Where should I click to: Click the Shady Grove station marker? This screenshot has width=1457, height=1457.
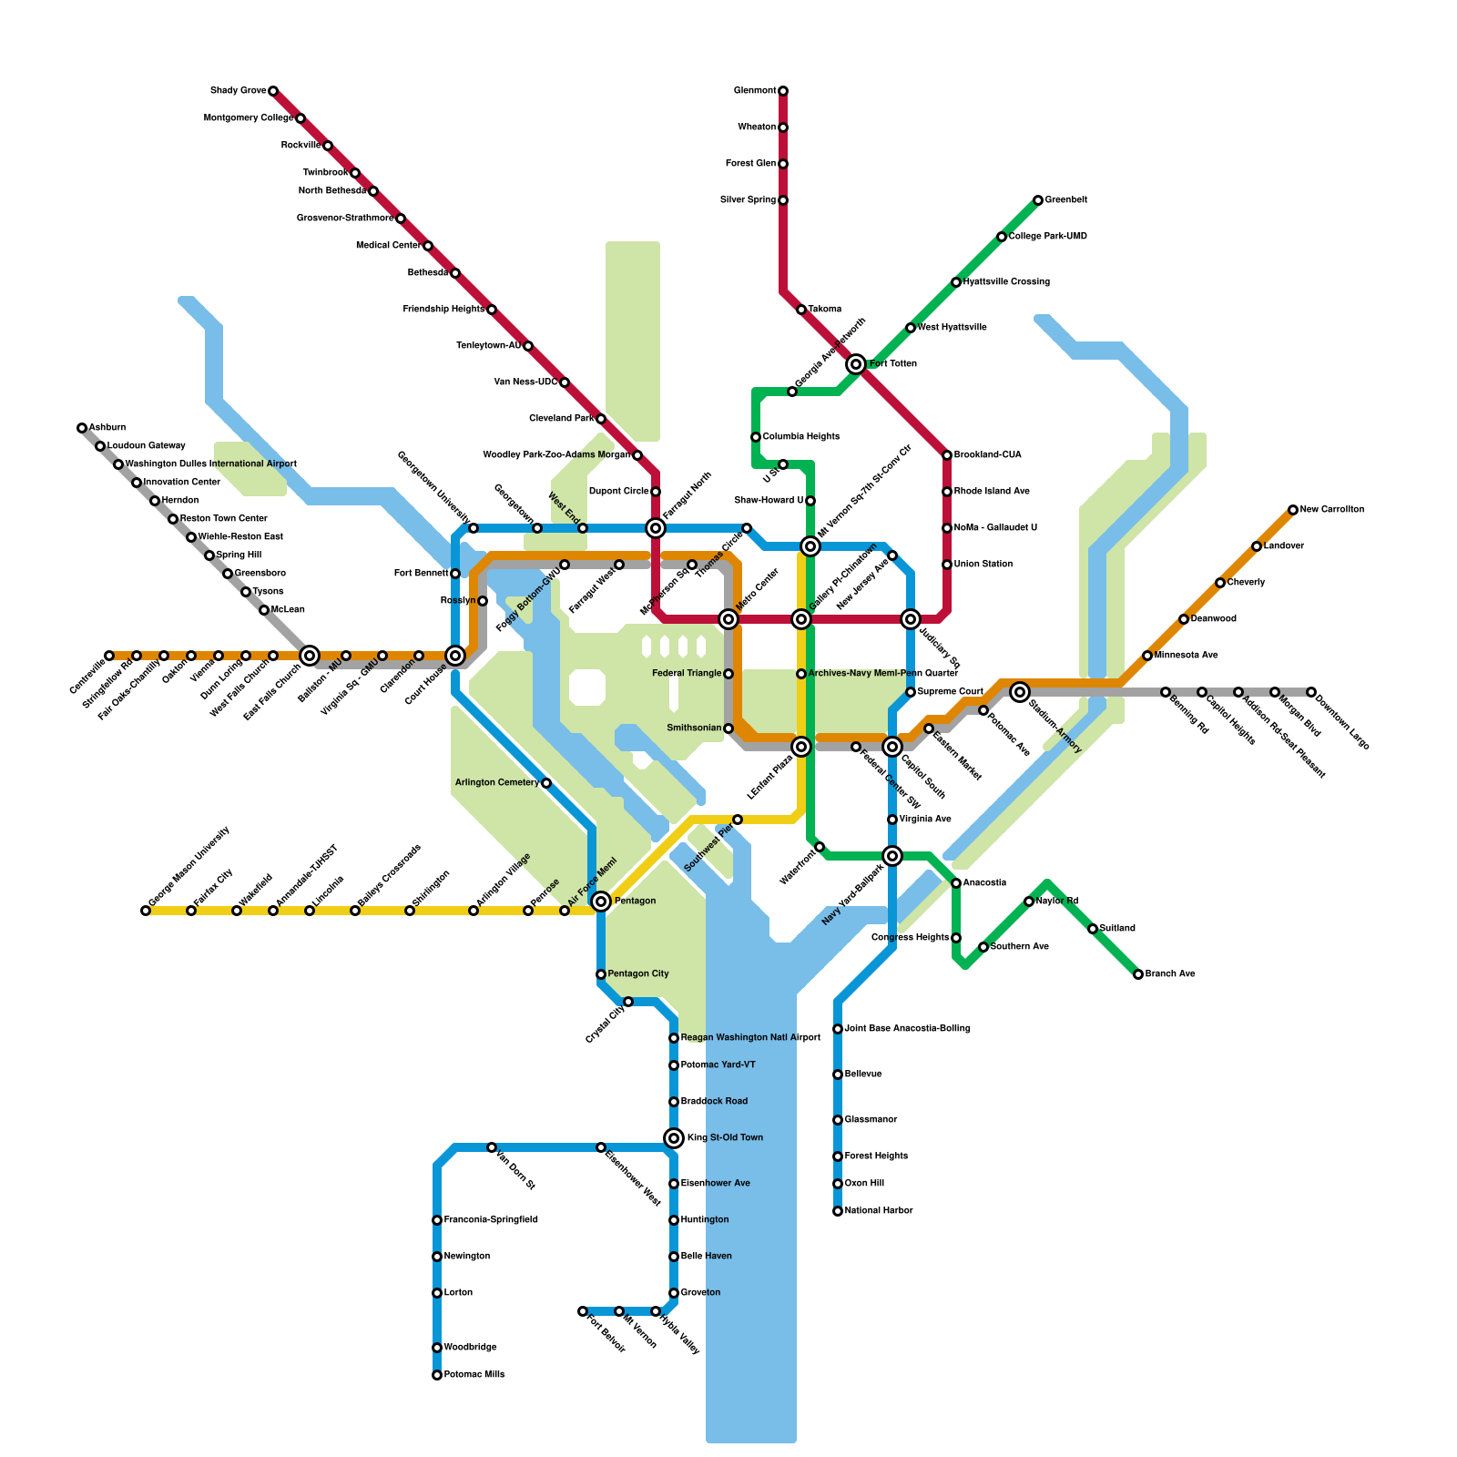click(x=273, y=91)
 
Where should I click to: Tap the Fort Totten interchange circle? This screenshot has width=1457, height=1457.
click(x=856, y=364)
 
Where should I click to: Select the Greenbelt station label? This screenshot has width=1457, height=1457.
click(x=1065, y=200)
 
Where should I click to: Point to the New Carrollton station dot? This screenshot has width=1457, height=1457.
click(x=1293, y=510)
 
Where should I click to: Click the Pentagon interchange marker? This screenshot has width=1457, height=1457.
click(x=601, y=902)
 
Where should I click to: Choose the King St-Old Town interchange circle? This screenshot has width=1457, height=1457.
click(x=674, y=1138)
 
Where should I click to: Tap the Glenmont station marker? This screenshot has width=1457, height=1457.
click(x=783, y=91)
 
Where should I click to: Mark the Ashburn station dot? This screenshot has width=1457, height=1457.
click(x=82, y=428)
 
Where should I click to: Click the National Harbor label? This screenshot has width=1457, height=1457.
click(x=879, y=1211)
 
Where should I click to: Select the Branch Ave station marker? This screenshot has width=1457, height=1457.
click(x=1138, y=974)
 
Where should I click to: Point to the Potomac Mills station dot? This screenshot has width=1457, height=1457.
click(x=437, y=1375)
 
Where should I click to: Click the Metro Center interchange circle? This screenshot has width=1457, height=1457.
click(x=728, y=619)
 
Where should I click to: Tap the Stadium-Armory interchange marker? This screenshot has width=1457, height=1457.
click(x=1020, y=692)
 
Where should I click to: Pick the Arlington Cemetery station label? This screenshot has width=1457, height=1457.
click(x=497, y=783)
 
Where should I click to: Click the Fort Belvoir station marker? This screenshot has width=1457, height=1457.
click(x=583, y=1311)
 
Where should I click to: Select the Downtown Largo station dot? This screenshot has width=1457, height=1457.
click(x=1311, y=692)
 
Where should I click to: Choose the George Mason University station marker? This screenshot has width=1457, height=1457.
click(x=146, y=911)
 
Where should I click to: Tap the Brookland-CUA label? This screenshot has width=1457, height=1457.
click(x=987, y=455)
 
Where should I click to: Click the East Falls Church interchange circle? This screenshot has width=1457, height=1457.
click(x=310, y=656)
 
